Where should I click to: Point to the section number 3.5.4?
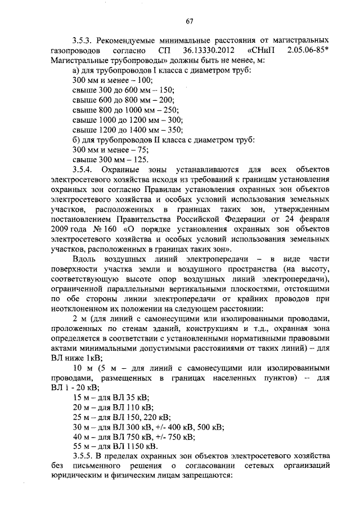(x=83, y=169)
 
